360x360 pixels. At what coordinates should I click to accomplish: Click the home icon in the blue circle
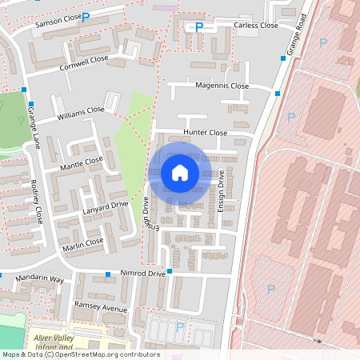pos(180,173)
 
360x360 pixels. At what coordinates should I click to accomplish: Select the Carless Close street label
pos(256,26)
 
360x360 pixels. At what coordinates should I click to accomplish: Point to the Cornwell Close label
pos(84,63)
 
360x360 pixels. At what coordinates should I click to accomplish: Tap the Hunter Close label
pos(206,133)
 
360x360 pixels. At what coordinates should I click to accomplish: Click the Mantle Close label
pos(82,163)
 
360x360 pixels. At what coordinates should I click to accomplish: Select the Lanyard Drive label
pos(105,208)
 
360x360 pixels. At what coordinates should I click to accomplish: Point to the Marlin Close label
pos(83,242)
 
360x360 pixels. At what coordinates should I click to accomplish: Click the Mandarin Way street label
pos(40,280)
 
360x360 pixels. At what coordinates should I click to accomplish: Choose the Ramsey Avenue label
pos(101,308)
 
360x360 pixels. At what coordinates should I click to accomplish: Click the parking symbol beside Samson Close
pos(86,16)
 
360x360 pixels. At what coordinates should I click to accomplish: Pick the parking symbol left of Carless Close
pos(199,27)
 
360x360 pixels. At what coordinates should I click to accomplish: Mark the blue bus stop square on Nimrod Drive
pos(107,274)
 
